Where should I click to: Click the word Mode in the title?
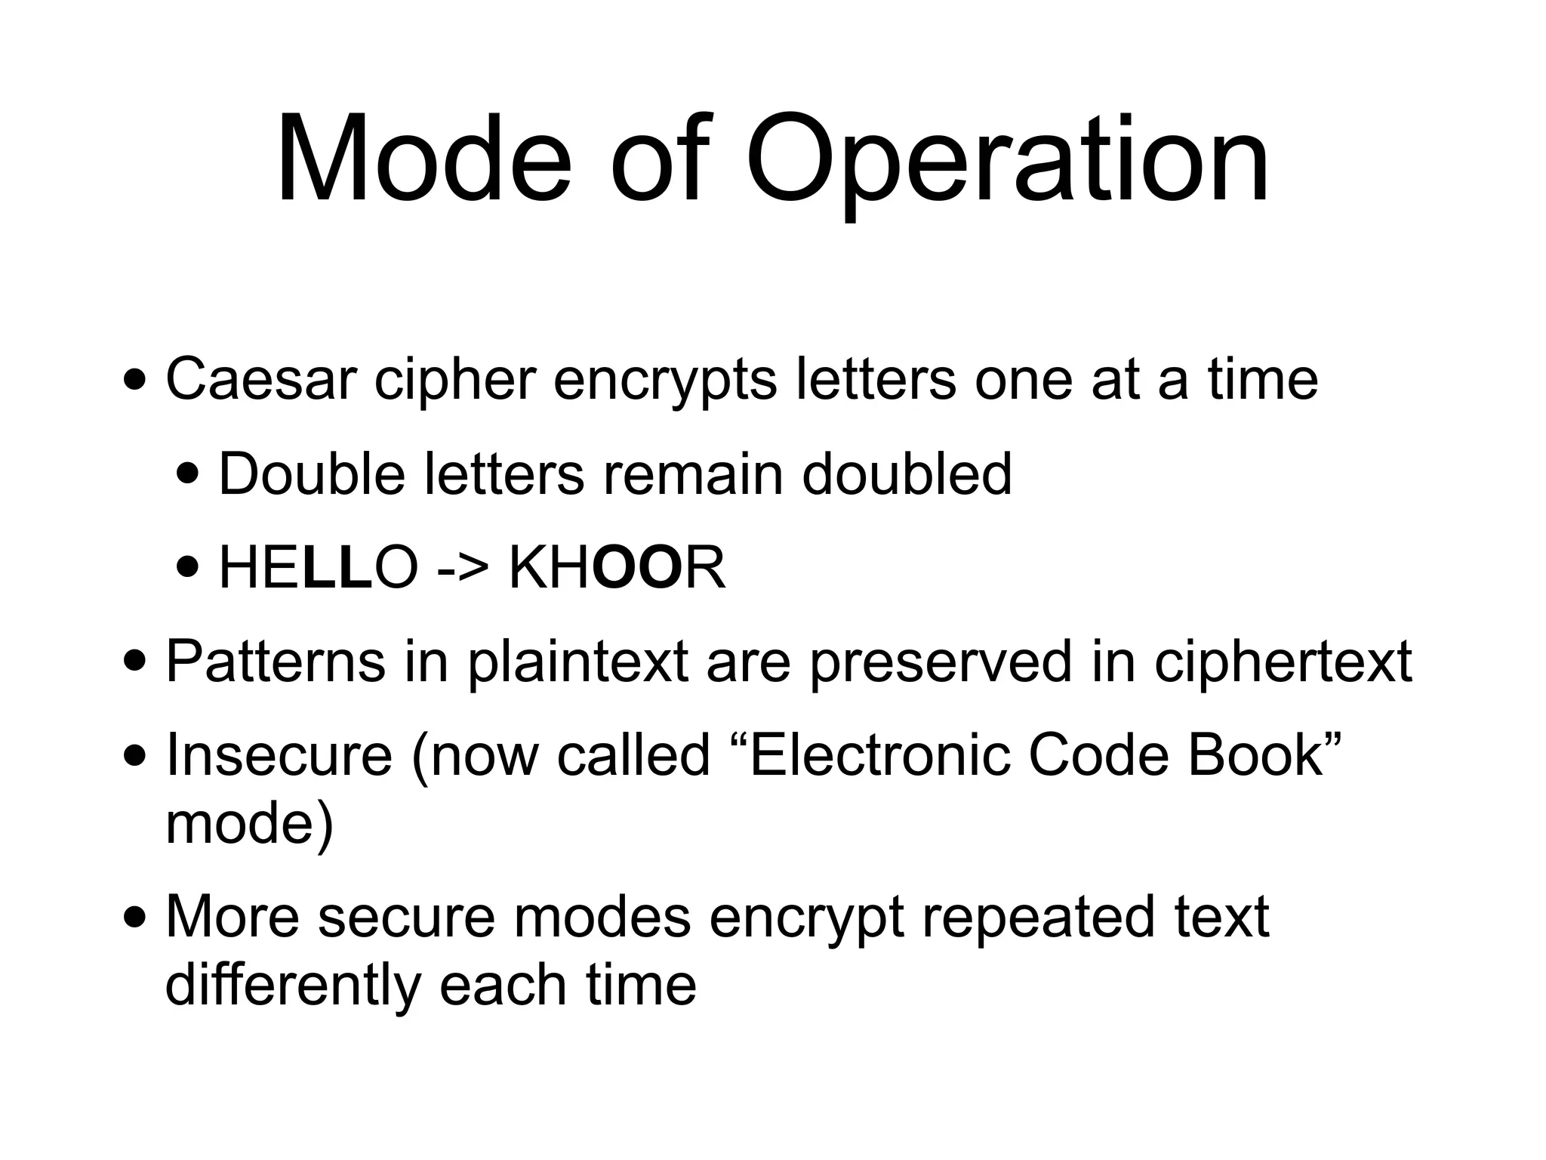423,160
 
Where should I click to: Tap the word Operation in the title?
1007,162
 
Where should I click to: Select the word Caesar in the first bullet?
260,379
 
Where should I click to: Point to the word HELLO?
318,568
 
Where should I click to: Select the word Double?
311,474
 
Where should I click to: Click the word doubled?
906,474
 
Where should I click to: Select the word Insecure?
279,755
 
